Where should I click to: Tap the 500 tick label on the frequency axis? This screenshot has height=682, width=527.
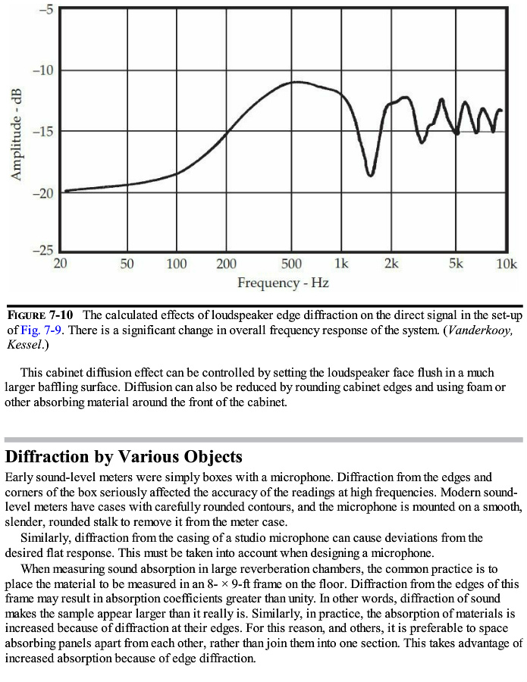(291, 264)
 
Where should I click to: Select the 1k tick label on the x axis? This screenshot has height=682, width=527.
(341, 264)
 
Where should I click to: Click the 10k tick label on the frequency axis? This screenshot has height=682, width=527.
(507, 264)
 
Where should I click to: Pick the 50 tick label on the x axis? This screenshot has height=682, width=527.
(127, 264)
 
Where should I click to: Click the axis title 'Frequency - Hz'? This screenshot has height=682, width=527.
(283, 283)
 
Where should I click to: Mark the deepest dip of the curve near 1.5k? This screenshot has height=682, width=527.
(371, 175)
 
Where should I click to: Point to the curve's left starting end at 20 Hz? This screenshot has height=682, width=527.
(66, 190)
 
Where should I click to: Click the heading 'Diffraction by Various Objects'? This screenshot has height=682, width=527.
(124, 457)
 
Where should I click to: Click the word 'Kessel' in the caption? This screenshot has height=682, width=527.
(24, 345)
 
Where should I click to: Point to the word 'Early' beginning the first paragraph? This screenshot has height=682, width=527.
(20, 477)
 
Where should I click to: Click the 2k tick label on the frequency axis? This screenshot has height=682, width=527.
(391, 264)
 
